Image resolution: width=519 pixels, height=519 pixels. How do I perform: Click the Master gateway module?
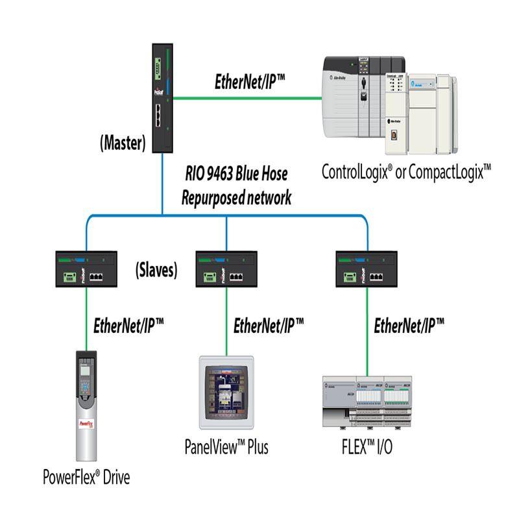coord(163,98)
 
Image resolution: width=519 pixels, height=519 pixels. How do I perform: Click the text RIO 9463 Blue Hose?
coord(235,174)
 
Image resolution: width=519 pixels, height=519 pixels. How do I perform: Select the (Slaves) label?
coord(156,271)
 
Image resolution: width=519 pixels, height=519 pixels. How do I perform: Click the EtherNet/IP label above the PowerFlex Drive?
coord(128,324)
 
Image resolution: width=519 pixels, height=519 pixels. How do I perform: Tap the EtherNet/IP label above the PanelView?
coord(268,324)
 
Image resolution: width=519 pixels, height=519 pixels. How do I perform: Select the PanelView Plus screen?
coord(226,394)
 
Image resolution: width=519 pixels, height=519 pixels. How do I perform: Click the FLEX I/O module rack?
coord(367,400)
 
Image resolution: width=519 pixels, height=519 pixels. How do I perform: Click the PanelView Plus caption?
coord(226,447)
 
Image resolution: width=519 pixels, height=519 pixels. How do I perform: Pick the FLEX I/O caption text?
coord(367,447)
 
